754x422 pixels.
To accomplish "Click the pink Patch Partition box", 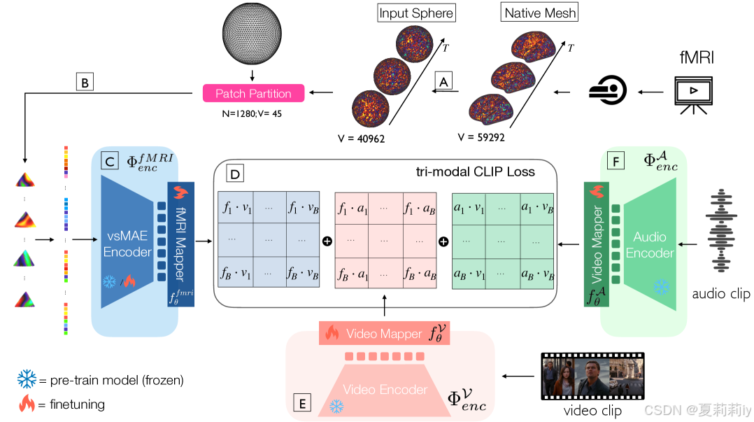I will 253,93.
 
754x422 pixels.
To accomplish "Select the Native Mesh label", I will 541,13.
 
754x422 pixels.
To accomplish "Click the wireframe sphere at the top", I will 252,34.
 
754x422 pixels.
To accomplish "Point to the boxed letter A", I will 442,80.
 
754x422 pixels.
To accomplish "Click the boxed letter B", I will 85,83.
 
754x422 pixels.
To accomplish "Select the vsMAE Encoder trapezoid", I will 127,242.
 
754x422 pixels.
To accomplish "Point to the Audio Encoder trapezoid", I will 650,244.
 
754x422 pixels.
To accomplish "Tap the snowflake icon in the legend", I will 27,380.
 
